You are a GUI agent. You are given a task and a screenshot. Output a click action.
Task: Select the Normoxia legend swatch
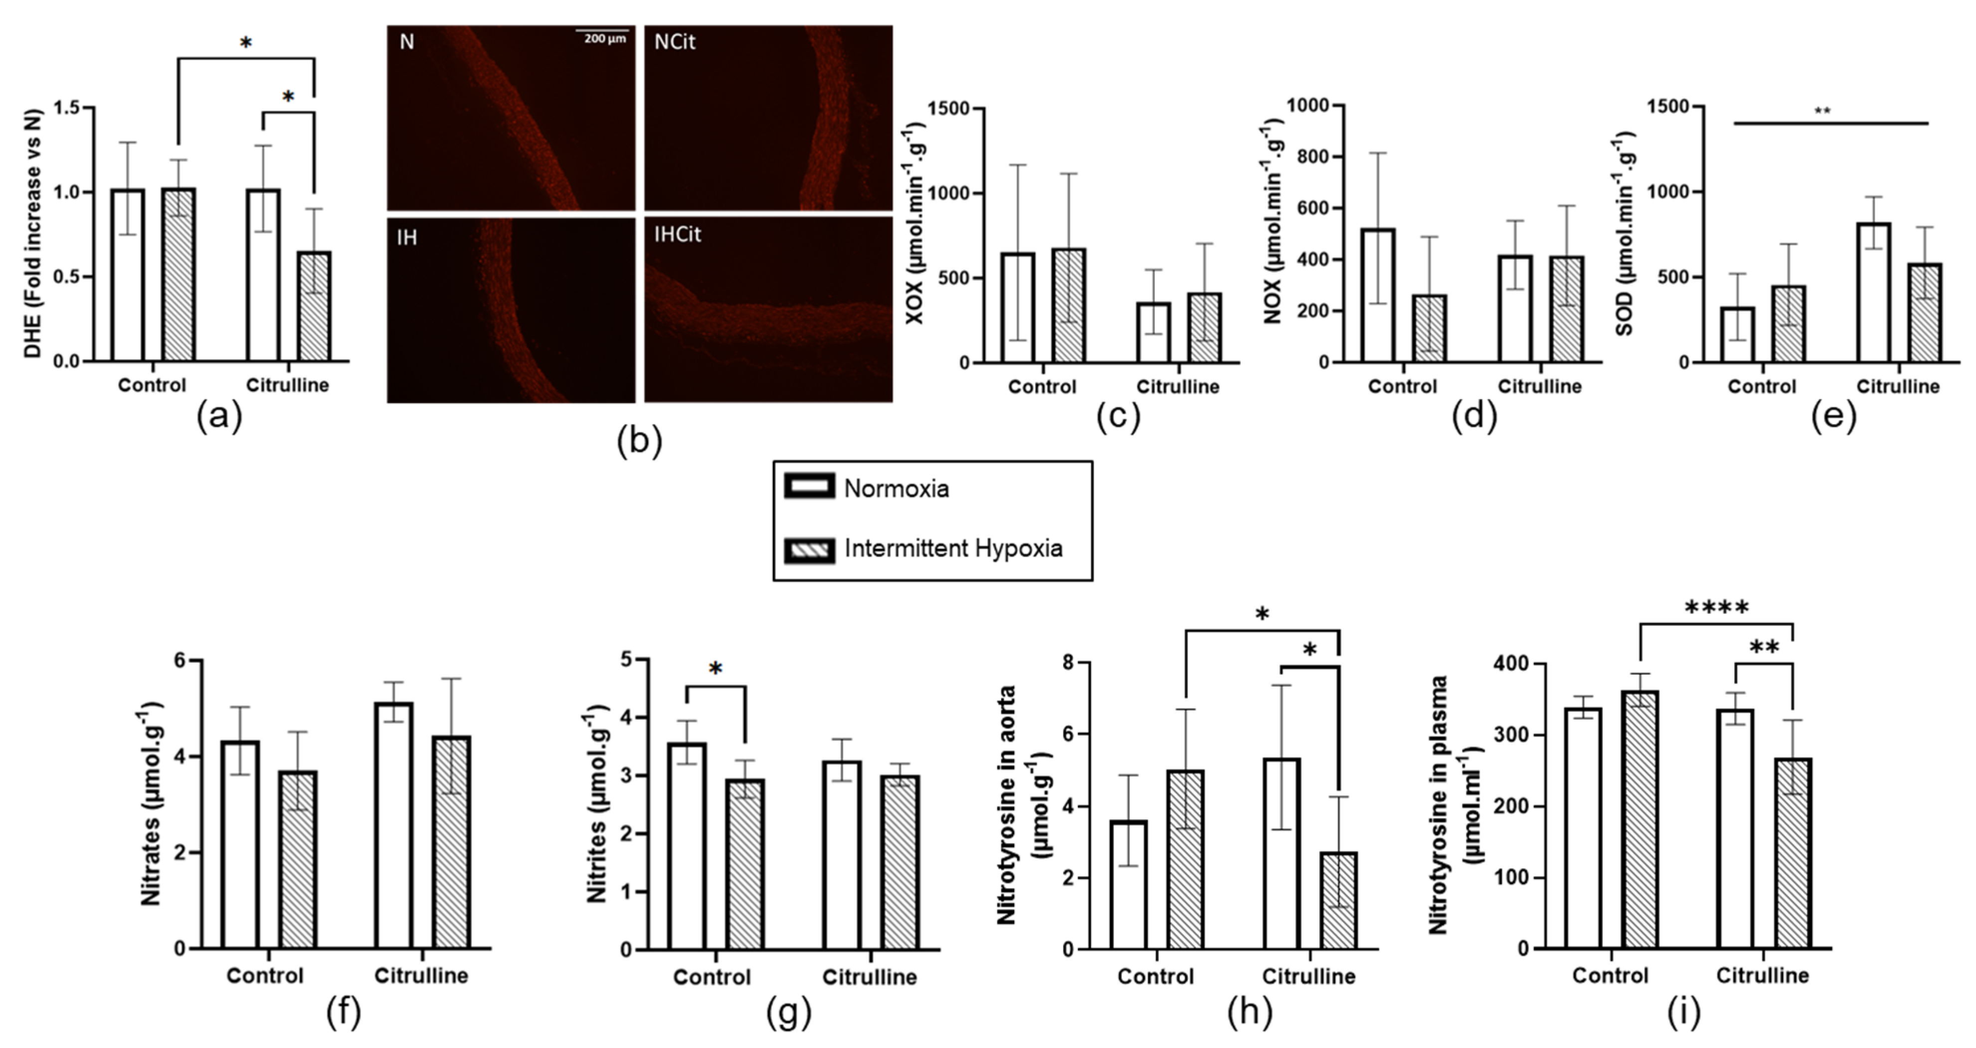point(809,487)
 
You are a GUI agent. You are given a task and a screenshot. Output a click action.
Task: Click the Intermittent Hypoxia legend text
point(953,548)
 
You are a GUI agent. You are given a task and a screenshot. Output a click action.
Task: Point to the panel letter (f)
point(343,1013)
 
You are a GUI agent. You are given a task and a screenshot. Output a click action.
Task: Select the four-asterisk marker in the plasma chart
point(1717,608)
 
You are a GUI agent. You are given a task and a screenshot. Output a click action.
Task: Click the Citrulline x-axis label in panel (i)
point(1762,976)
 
